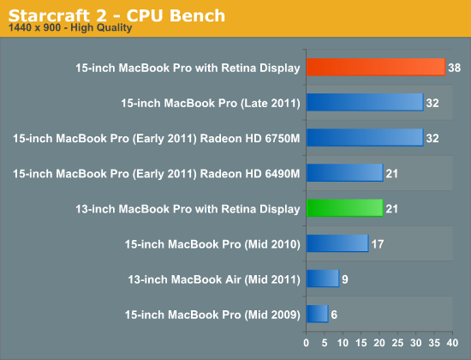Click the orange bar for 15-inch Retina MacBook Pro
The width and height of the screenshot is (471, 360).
point(376,67)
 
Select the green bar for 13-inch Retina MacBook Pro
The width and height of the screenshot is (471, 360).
point(345,207)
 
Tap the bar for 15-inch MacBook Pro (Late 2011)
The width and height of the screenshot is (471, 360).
point(365,102)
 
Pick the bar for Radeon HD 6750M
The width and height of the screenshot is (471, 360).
point(365,137)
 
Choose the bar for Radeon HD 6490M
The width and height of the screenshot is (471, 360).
point(345,172)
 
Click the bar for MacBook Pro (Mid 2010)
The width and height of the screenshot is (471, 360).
point(337,243)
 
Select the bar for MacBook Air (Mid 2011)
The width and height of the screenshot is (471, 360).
point(323,279)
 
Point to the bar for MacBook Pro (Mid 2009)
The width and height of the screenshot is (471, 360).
point(318,314)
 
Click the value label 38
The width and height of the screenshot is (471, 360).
point(454,68)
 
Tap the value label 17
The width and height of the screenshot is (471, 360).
point(378,244)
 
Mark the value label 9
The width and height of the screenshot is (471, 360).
point(345,279)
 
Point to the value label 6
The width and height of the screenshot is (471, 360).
point(334,315)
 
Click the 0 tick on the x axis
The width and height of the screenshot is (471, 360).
point(306,343)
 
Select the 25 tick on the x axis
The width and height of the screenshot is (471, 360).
point(397,343)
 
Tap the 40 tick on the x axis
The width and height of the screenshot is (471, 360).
point(453,343)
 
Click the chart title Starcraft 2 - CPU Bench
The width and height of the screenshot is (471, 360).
point(116,15)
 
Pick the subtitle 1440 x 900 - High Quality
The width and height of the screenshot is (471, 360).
point(70,27)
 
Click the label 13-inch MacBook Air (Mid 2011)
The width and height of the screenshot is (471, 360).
point(214,279)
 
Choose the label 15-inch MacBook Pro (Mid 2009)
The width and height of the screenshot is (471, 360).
point(212,315)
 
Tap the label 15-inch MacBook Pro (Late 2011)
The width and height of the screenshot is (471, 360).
point(211,103)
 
